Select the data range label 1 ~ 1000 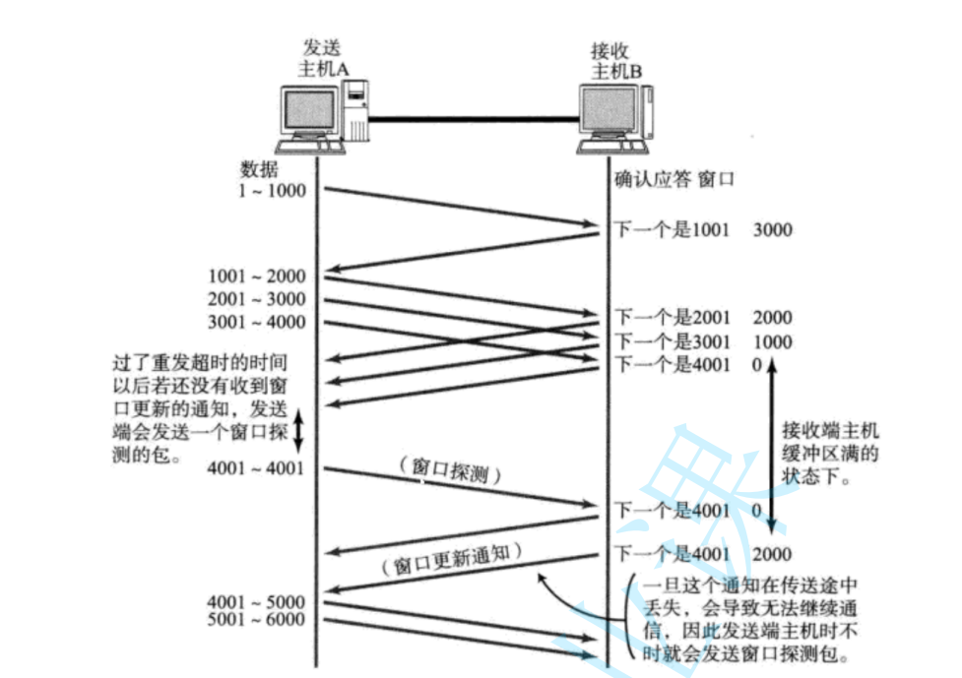273,190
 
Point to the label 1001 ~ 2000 257,277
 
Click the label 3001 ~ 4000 257,322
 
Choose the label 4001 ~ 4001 257,468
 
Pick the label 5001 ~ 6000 257,620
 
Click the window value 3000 772,230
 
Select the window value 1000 772,341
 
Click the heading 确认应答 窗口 675,179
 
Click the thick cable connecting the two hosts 474,119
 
